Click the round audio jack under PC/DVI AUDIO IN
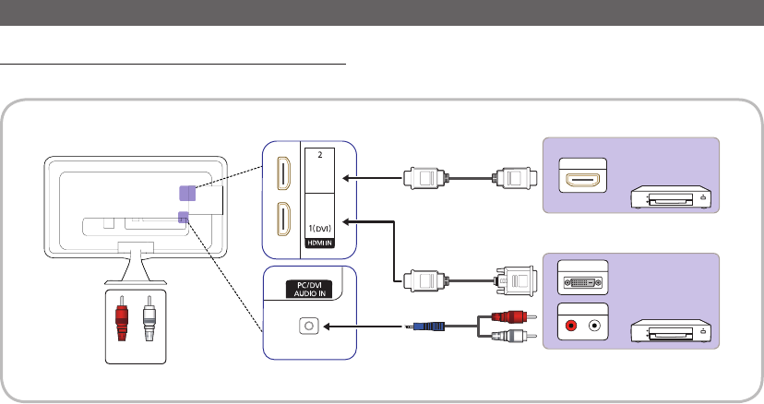click(309, 326)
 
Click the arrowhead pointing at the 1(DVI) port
click(349, 221)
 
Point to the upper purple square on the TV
click(186, 193)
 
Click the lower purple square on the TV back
click(183, 218)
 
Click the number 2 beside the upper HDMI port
click(319, 155)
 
